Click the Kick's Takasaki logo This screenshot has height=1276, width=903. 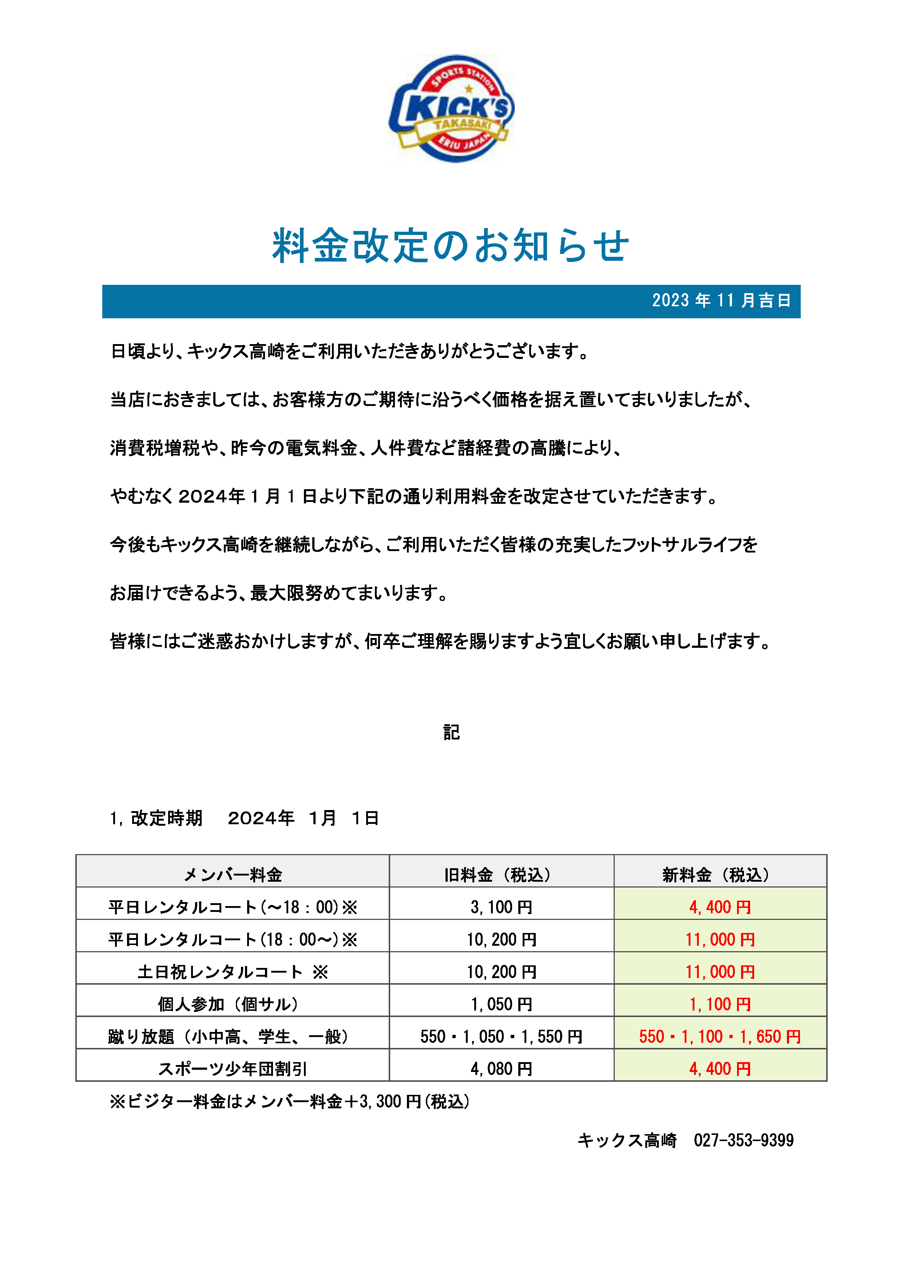pyautogui.click(x=451, y=108)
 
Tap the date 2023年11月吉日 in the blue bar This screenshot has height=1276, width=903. pyautogui.click(x=721, y=301)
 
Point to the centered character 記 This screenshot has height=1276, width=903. pyautogui.click(x=451, y=733)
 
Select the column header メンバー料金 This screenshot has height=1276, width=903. pyautogui.click(x=233, y=875)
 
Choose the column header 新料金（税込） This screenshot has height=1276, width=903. pyautogui.click(x=720, y=875)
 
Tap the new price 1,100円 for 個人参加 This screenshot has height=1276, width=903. pyautogui.click(x=720, y=1004)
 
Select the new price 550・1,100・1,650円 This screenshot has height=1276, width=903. pyautogui.click(x=720, y=1036)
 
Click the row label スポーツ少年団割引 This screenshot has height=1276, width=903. pyautogui.click(x=233, y=1069)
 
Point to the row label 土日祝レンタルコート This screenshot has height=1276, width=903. pyautogui.click(x=233, y=972)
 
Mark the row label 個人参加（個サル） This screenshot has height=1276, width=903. pyautogui.click(x=233, y=1004)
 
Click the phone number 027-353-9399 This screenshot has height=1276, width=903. pyautogui.click(x=744, y=1140)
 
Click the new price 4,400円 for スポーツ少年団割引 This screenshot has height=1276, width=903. pyautogui.click(x=720, y=1069)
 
